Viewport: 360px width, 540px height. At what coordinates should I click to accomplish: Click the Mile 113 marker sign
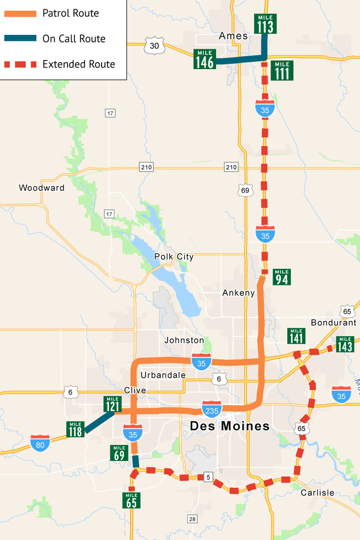(x=265, y=24)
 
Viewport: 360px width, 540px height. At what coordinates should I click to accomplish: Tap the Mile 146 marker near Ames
(x=205, y=59)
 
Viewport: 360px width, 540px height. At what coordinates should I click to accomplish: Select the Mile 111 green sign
(x=283, y=71)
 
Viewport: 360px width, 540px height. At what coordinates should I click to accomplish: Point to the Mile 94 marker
(x=282, y=277)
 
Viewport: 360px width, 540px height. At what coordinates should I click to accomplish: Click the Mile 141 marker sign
(x=296, y=336)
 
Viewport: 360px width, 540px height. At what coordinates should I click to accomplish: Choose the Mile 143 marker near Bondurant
(x=345, y=344)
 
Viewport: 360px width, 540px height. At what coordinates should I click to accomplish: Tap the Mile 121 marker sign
(x=112, y=404)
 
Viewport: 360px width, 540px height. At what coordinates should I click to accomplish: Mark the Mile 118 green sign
(x=75, y=429)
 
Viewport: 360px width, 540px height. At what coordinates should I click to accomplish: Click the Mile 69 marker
(x=119, y=452)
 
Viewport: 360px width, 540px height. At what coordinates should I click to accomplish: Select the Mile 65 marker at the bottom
(x=132, y=500)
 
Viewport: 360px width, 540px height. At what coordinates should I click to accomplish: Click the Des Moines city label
(x=230, y=426)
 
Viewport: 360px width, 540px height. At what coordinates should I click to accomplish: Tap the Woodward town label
(x=41, y=188)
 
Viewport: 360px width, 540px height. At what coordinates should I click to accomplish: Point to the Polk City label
(x=174, y=257)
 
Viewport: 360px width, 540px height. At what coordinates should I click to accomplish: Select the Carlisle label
(x=317, y=493)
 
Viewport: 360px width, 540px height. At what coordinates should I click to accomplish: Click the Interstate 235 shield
(x=212, y=409)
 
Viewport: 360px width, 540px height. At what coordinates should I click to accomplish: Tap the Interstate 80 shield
(x=40, y=443)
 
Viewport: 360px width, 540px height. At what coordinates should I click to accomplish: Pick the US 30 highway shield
(x=154, y=46)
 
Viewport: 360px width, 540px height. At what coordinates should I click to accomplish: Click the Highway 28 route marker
(x=192, y=518)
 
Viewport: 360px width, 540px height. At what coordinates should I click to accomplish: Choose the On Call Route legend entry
(x=74, y=38)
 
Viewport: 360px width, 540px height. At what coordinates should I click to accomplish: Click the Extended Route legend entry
(x=78, y=64)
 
